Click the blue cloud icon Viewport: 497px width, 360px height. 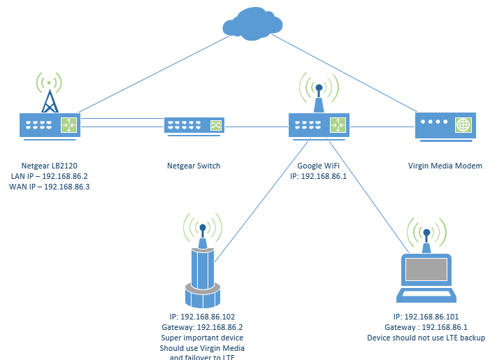coord(252,24)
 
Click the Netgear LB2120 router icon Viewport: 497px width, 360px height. coord(50,125)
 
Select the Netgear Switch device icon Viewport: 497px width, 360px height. coord(194,126)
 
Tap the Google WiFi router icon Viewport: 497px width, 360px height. coord(319,125)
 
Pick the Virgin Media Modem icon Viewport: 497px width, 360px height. coord(445,125)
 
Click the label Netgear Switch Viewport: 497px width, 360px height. coord(194,166)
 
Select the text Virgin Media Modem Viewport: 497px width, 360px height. coord(445,166)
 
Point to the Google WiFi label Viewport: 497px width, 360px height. coord(319,166)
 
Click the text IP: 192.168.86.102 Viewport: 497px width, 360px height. coord(202,317)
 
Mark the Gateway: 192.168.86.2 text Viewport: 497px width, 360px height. coord(202,327)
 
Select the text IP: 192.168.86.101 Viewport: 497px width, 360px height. coord(426,317)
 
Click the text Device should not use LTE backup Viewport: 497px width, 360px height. coord(426,338)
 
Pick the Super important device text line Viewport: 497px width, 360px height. coord(202,338)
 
